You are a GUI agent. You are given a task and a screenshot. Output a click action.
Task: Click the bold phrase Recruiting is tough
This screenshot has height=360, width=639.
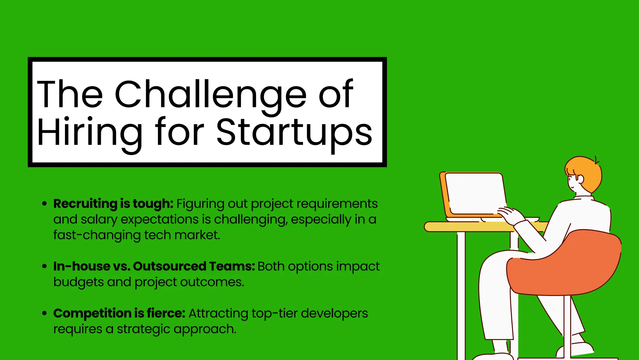(113, 204)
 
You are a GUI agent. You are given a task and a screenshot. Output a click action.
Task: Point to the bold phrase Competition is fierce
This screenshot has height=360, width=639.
(119, 313)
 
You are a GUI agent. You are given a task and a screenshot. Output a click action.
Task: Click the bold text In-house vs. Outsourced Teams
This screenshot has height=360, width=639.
(154, 267)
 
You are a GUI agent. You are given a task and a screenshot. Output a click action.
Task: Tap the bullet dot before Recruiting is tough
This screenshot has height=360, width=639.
(45, 204)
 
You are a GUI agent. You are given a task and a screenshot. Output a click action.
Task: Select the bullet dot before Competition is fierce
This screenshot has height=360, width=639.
(45, 313)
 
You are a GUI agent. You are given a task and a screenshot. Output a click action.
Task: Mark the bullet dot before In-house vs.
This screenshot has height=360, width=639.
(45, 267)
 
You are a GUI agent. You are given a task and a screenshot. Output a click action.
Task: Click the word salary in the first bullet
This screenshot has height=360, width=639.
(99, 220)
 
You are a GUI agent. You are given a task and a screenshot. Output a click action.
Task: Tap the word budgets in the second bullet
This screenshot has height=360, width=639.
(78, 282)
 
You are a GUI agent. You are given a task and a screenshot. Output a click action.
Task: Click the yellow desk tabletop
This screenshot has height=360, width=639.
(468, 227)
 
